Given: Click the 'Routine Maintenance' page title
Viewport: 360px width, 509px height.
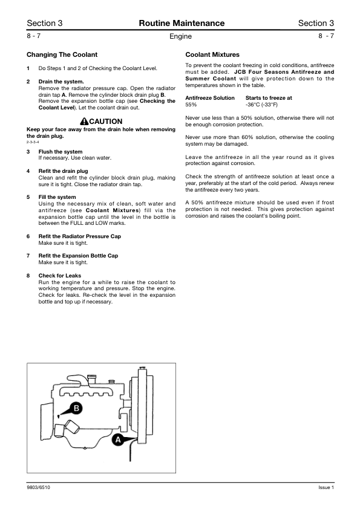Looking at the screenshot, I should pos(182,24).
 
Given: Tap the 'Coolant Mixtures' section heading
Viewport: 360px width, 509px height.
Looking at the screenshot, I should pos(212,54).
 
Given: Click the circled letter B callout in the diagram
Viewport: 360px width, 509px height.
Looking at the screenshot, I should pos(77,408).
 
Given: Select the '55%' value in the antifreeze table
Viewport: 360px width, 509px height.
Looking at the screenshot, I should pos(191,105).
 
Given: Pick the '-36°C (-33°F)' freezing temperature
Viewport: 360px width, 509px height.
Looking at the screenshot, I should pos(262,105).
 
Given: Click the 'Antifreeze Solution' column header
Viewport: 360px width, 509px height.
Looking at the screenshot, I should pos(210,97).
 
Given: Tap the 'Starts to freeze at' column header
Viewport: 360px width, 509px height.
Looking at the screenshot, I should pos(269,97).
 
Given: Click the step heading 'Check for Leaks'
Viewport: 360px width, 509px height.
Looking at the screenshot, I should pos(59,276).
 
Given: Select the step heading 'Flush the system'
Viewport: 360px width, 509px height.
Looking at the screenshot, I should pos(61,152).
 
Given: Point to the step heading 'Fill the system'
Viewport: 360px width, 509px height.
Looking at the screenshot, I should pos(57,197).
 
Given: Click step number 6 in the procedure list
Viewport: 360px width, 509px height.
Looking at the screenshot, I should pos(28,236).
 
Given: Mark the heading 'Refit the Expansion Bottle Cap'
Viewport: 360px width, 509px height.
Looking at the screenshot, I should pos(78,256).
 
